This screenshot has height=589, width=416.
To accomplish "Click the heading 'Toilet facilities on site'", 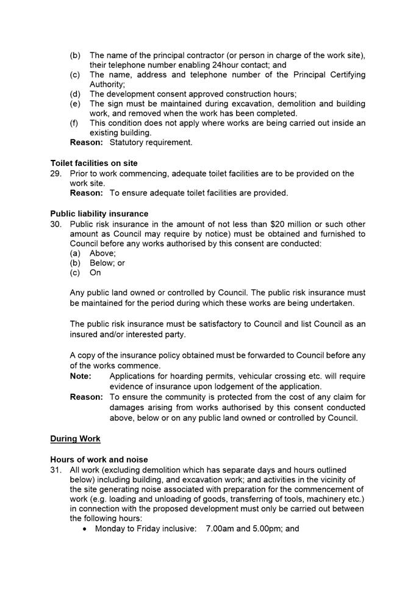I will tap(93, 163).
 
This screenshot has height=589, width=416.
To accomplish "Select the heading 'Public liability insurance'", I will tap(99, 214).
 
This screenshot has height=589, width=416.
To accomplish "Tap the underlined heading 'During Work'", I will tap(75, 439).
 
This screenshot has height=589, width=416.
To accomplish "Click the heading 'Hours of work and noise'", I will tap(99, 460).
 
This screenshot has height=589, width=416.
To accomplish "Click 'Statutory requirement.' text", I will tap(151, 142).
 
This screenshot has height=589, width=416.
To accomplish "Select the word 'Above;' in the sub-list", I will tap(102, 253).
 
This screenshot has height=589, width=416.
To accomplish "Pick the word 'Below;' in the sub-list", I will tap(103, 263).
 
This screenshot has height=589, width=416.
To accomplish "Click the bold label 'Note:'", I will tap(81, 377).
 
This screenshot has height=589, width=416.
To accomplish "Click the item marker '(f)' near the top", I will tap(75, 123).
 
